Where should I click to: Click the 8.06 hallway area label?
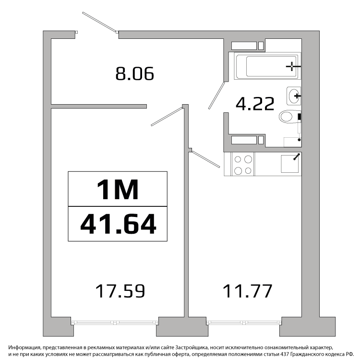(x=134, y=74)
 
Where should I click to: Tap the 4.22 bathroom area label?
(x=255, y=104)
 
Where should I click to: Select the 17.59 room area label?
(x=120, y=291)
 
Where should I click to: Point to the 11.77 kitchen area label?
(x=248, y=291)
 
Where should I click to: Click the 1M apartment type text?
(x=118, y=190)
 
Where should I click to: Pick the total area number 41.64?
(x=118, y=224)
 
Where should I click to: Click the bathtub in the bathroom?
(x=267, y=66)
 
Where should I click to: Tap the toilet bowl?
(x=290, y=117)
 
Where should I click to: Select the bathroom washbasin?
(x=294, y=96)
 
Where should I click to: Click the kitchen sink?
(x=290, y=164)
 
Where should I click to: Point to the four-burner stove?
(x=243, y=165)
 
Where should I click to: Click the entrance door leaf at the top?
(x=99, y=22)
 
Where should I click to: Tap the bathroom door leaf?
(x=216, y=96)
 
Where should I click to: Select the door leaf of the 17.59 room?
(x=167, y=117)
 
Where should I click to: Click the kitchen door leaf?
(x=206, y=159)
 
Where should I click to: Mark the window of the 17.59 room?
(x=115, y=323)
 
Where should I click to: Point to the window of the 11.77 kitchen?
(x=244, y=323)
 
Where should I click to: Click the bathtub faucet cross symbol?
(x=292, y=66)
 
